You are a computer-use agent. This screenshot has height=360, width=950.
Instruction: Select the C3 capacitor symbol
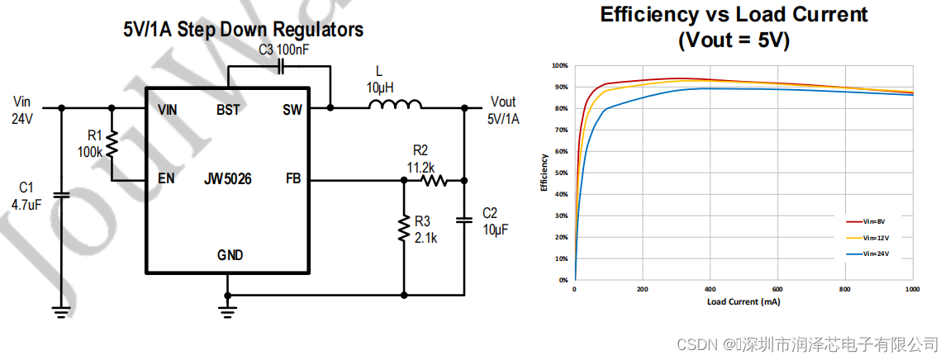[281, 65]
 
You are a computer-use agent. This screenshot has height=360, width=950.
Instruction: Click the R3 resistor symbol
[404, 229]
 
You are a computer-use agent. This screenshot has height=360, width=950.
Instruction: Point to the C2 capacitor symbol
[463, 220]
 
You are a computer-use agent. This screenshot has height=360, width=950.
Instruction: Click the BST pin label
[228, 109]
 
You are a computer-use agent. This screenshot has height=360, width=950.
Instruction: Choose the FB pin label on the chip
[293, 178]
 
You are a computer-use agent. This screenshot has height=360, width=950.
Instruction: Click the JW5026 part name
[229, 178]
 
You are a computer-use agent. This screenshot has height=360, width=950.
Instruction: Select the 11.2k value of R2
[421, 167]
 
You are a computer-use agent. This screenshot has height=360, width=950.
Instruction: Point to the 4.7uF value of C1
[26, 204]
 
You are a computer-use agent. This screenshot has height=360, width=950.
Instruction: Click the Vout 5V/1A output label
[503, 110]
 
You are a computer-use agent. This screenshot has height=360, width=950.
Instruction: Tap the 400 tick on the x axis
[710, 290]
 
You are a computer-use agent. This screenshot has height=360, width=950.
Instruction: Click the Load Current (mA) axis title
[743, 301]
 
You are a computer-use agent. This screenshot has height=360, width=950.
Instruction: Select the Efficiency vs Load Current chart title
[734, 26]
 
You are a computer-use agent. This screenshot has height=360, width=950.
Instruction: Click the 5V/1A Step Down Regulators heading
[243, 31]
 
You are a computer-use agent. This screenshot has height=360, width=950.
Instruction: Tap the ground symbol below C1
[59, 311]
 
